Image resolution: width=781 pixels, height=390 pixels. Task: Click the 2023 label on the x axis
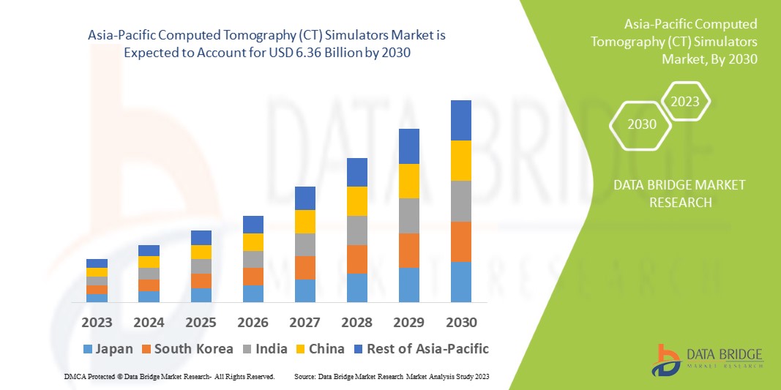pos(97,323)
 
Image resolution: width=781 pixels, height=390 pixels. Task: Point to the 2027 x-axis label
pos(304,323)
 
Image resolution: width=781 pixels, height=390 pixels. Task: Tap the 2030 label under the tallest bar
pos(460,323)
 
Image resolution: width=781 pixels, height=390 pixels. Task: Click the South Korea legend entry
pos(187,348)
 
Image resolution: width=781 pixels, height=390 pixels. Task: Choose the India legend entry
pos(266,348)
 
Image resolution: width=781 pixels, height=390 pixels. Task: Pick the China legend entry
pos(319,348)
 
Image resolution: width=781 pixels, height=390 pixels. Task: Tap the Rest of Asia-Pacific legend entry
pos(420,348)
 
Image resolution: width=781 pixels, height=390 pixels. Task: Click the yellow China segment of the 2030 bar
pos(460,160)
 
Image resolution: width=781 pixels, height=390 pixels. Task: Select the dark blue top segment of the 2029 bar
pos(408,146)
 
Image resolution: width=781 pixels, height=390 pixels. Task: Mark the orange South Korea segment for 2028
pos(356,259)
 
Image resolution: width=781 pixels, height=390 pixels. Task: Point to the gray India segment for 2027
pos(304,244)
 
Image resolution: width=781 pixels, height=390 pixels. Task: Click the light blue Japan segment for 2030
pos(460,282)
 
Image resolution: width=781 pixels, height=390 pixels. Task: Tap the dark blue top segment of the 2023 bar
pos(97,263)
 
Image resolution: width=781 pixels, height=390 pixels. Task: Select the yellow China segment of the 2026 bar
pos(253,242)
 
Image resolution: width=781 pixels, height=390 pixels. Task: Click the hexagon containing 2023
pos(685,102)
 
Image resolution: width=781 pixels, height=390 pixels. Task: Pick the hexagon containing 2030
pos(642,124)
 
